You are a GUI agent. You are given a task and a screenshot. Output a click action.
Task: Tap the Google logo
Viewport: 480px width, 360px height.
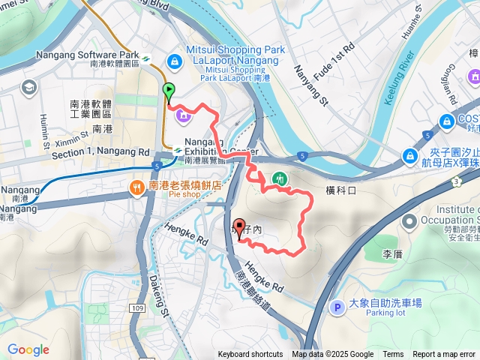point(28,349)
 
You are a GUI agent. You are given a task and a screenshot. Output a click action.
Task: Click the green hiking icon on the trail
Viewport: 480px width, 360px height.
point(280,178)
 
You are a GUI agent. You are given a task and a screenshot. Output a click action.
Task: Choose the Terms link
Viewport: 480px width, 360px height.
point(393,355)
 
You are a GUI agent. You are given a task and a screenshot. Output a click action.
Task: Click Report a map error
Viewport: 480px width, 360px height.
point(444,355)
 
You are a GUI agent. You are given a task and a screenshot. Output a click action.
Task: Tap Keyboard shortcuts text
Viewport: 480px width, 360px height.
point(250,355)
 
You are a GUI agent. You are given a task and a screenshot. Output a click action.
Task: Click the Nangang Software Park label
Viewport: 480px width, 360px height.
point(87,55)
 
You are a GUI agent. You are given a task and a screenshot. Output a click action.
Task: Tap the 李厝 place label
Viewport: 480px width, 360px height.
point(393,254)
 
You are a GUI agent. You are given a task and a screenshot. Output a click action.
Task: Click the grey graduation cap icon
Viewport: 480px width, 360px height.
point(29,88)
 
